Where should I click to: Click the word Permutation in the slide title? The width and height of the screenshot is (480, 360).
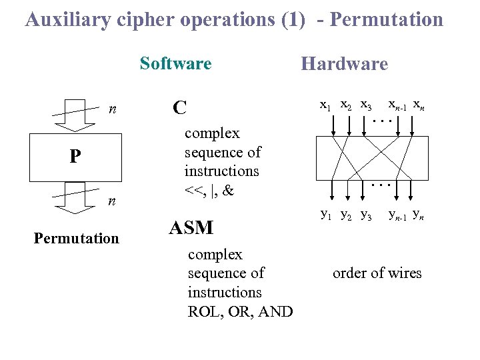click(x=387, y=19)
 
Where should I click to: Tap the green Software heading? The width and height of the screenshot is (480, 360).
click(x=175, y=63)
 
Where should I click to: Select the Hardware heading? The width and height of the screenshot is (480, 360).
click(x=344, y=64)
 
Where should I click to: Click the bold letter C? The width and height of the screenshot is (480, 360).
click(x=179, y=107)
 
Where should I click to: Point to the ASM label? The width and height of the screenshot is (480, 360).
click(x=191, y=228)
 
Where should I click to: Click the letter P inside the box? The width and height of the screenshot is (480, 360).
click(x=75, y=157)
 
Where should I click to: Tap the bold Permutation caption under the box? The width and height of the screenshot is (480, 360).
click(x=76, y=238)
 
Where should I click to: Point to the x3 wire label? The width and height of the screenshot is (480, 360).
click(x=366, y=105)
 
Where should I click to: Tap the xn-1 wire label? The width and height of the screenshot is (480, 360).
click(x=398, y=105)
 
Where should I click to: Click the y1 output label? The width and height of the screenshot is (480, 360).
click(x=327, y=214)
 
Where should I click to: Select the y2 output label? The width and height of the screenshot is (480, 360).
click(x=347, y=215)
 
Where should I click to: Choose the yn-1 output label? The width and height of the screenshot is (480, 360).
click(x=399, y=215)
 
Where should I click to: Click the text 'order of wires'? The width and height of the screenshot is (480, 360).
click(x=377, y=273)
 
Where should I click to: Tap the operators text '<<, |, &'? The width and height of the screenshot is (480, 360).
click(x=209, y=190)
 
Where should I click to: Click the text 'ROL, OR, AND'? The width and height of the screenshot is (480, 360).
click(x=240, y=311)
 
